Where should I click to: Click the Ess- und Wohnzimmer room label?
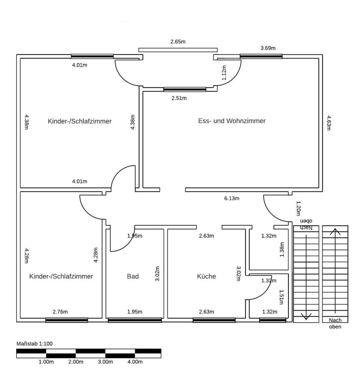pos(232,121)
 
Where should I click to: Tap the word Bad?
pos(133,276)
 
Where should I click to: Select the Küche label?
pos(206,276)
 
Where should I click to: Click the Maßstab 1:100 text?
pos(34,343)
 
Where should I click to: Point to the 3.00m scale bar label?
pos(105,362)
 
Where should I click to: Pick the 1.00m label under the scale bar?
pos(46,362)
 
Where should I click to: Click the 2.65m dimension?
pos(178,41)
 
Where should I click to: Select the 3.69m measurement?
pos(268,48)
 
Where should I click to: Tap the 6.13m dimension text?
pos(232,198)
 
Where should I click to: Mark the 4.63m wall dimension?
pos(328,122)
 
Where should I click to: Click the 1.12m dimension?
pos(224,73)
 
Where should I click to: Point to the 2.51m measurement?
pos(179,98)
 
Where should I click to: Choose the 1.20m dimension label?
pos(298,208)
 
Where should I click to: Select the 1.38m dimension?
pos(282,250)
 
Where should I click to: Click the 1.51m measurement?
pos(282,297)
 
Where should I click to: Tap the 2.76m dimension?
pos(60,312)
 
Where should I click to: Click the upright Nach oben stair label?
pos(335,323)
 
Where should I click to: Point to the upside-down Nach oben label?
pos(306,224)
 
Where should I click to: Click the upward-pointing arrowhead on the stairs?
pos(335,231)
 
